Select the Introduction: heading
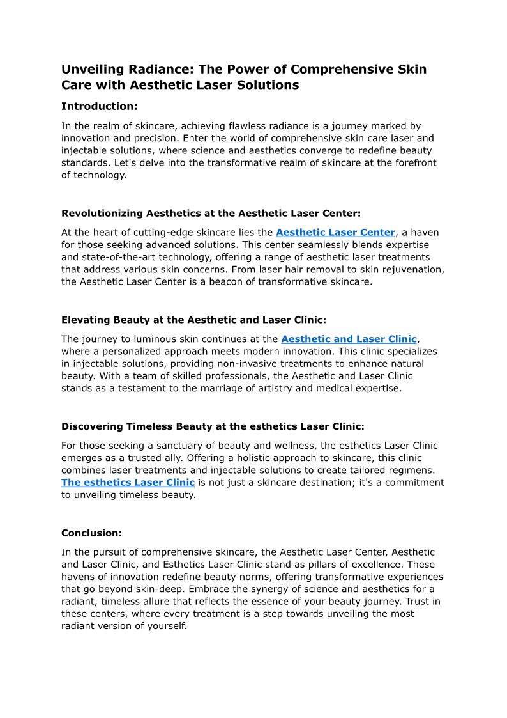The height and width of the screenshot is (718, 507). coord(100,106)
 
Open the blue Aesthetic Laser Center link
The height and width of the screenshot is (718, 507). coord(335,233)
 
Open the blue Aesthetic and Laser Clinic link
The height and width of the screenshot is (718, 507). coord(349,339)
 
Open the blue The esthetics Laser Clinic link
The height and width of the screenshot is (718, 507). coord(128,482)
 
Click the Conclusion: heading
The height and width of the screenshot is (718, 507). coord(91,533)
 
